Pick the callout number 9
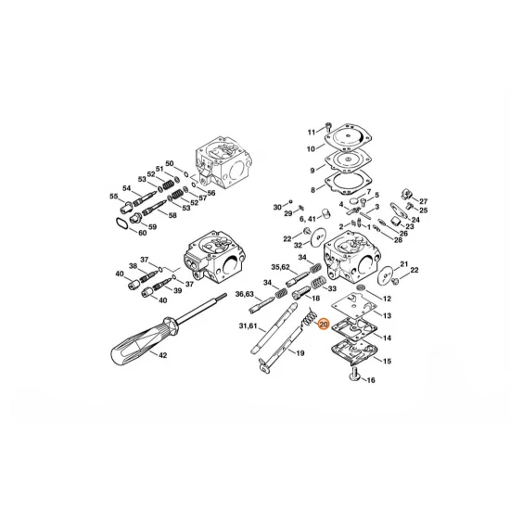313,170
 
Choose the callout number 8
313,189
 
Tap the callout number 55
115,197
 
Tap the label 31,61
249,325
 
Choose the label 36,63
245,294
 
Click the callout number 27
424,201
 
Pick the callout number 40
120,274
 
